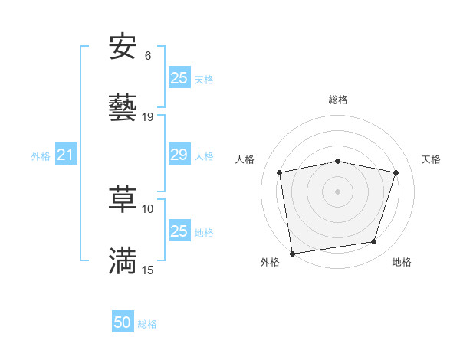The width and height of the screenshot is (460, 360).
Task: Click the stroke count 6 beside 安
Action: [x=148, y=56]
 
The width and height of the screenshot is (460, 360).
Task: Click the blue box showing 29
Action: [x=179, y=155]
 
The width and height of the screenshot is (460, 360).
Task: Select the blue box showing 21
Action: [x=65, y=155]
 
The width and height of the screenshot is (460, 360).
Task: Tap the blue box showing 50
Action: [x=123, y=323]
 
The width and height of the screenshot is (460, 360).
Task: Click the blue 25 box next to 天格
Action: [x=179, y=77]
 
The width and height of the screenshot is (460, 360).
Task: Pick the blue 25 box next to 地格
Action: [x=179, y=231]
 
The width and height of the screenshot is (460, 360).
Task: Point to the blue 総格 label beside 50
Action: [x=147, y=324]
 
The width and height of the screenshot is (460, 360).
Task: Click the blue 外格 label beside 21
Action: [x=41, y=156]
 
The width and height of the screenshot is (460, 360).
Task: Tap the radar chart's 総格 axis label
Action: [x=338, y=100]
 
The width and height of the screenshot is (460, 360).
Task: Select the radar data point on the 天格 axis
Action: [x=396, y=172]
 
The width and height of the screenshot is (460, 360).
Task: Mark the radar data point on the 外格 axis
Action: [x=292, y=253]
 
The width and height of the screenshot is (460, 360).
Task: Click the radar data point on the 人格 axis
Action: [x=281, y=172]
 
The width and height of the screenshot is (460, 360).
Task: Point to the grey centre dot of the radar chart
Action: [x=338, y=191]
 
